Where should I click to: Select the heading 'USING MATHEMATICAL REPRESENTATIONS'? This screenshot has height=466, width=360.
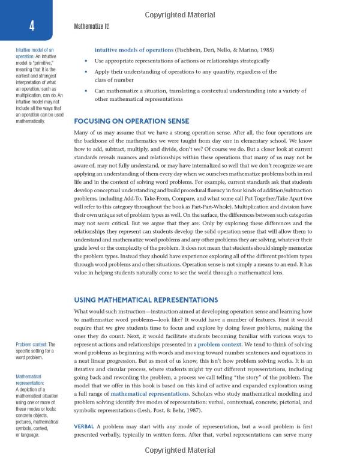coord(146,300)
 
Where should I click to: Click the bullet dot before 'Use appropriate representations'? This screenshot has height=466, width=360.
coord(87,61)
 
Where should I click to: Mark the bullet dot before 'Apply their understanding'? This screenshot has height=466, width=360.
coord(87,72)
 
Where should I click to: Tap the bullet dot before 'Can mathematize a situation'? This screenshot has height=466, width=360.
coord(87,91)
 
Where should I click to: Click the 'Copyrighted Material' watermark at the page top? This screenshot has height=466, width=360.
coord(179,7)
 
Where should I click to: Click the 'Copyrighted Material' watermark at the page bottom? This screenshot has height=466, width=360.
coord(179,459)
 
